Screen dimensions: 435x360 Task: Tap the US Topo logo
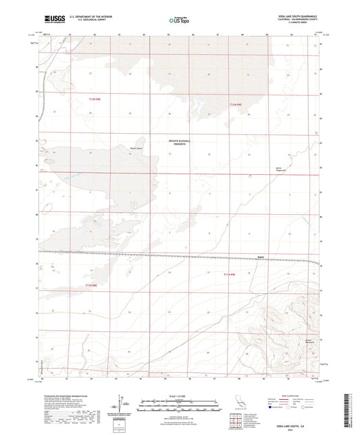[x=175, y=20]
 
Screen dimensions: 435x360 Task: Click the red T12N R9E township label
[x=235, y=105]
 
